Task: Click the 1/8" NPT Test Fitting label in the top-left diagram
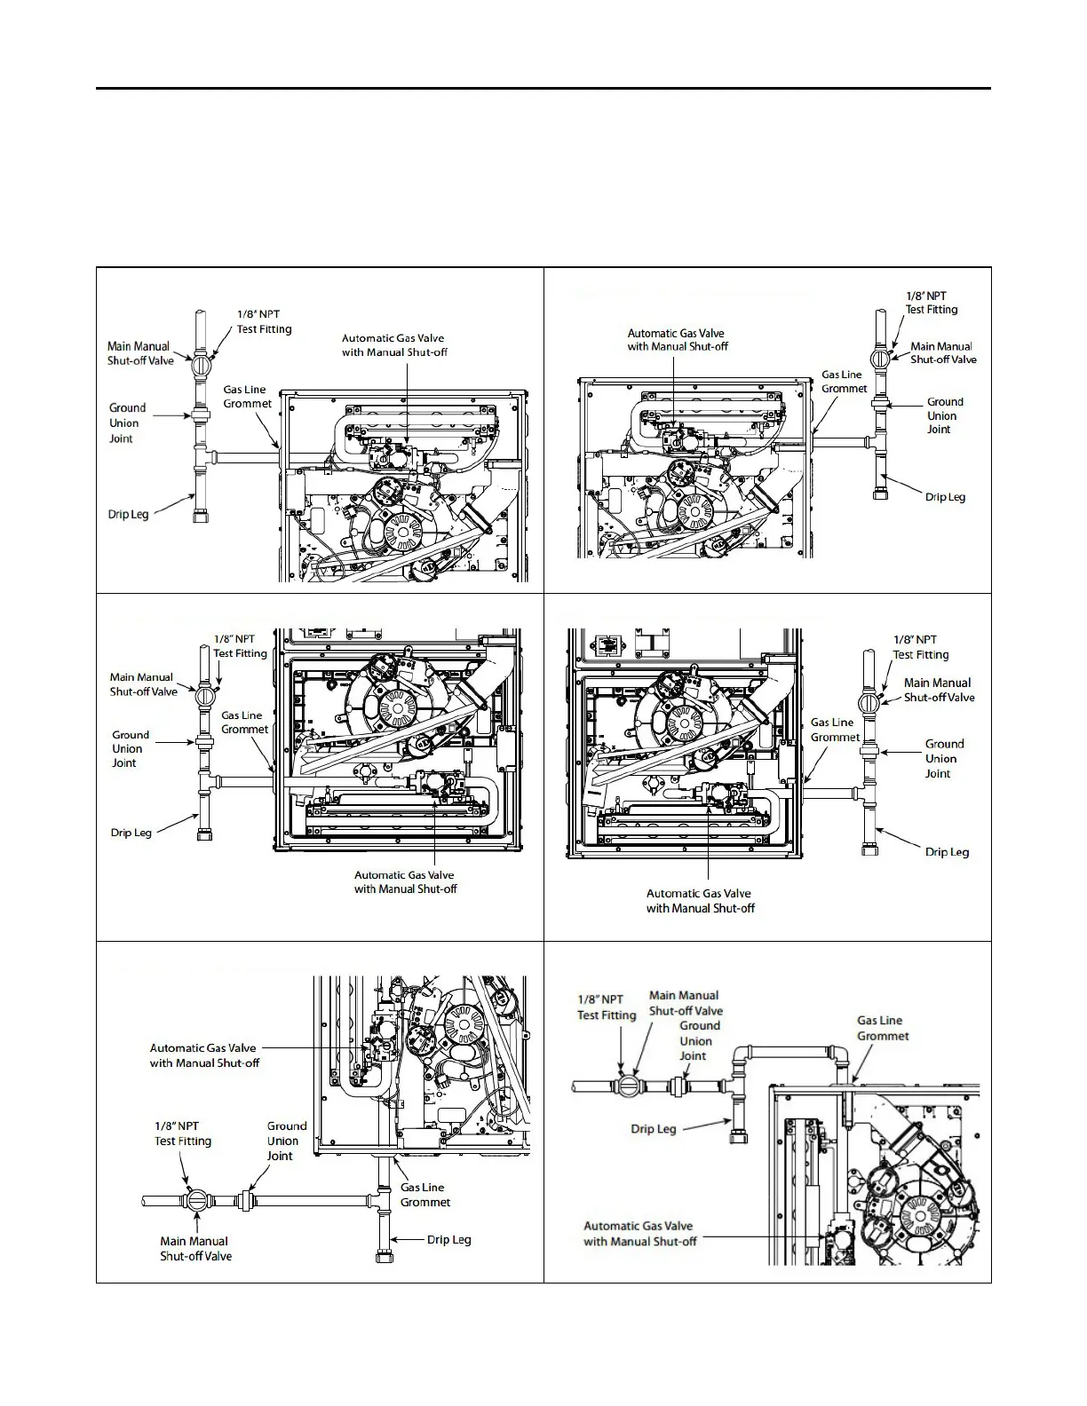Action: (x=264, y=321)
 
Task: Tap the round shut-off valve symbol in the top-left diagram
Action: (x=201, y=364)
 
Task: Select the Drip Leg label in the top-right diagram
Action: (x=945, y=497)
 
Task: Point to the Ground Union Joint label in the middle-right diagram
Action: (x=943, y=759)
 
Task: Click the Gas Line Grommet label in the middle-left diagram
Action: (x=243, y=723)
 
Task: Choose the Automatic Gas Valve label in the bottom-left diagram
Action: (x=204, y=1055)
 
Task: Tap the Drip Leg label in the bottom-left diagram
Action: (x=448, y=1240)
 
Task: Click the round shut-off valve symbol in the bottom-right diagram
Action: (x=627, y=1086)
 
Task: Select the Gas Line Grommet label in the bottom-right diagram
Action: (x=882, y=1028)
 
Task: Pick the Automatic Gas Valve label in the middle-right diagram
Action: (x=700, y=901)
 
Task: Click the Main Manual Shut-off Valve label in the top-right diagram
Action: (x=942, y=353)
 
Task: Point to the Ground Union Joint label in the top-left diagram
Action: (x=126, y=423)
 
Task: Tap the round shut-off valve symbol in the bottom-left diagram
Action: (x=196, y=1201)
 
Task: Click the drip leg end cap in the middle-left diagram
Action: (x=204, y=834)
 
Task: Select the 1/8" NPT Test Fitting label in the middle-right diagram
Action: (x=921, y=647)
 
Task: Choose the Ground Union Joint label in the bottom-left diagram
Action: (x=286, y=1141)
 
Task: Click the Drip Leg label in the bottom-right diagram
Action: (x=654, y=1129)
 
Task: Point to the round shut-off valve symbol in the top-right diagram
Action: (x=879, y=359)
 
